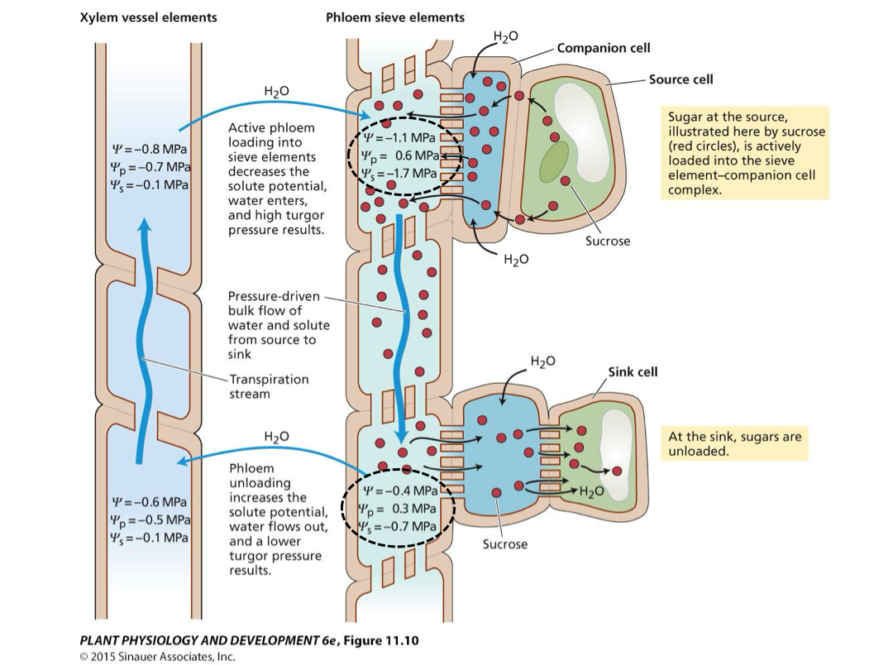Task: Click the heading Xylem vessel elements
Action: pyautogui.click(x=148, y=17)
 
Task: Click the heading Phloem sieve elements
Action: pyautogui.click(x=395, y=17)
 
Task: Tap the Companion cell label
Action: pyautogui.click(x=604, y=49)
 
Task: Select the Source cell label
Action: pyautogui.click(x=681, y=79)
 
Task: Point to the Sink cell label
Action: pyautogui.click(x=633, y=372)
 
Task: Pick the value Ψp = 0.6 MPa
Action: pyautogui.click(x=400, y=156)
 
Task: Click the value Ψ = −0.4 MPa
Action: pyautogui.click(x=400, y=491)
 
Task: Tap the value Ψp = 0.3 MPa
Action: pyautogui.click(x=398, y=509)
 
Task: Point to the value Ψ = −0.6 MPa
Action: pyautogui.click(x=149, y=502)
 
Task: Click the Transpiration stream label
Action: pyautogui.click(x=269, y=387)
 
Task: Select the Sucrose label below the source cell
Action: pyautogui.click(x=608, y=241)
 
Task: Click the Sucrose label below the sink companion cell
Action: pyautogui.click(x=505, y=544)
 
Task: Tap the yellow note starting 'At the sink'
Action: pyautogui.click(x=735, y=444)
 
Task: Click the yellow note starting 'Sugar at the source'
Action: pyautogui.click(x=745, y=153)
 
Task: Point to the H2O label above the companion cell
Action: pyautogui.click(x=506, y=37)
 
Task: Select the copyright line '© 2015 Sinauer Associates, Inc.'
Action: pyautogui.click(x=158, y=657)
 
